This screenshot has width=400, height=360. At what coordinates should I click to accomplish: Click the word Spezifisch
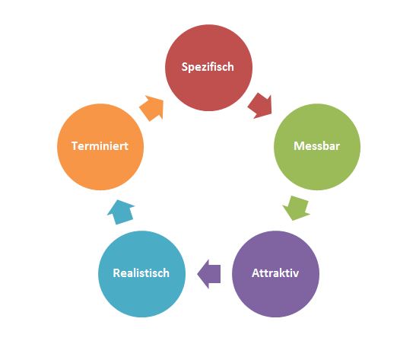click(x=208, y=67)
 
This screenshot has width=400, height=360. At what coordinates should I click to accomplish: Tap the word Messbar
click(x=316, y=146)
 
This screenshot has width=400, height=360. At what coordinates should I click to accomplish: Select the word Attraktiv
click(x=275, y=273)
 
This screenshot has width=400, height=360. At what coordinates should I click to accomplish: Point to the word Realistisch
click(x=141, y=273)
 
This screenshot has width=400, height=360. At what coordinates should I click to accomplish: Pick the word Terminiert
click(x=100, y=146)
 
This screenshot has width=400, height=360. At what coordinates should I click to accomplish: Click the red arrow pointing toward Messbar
click(x=260, y=106)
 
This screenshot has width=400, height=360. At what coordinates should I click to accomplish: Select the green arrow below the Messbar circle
click(x=297, y=208)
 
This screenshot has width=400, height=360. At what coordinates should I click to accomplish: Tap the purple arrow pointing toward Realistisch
click(x=209, y=274)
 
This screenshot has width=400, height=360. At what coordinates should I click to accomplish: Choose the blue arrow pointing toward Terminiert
click(x=121, y=212)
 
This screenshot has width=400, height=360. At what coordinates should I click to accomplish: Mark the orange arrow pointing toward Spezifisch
click(x=152, y=108)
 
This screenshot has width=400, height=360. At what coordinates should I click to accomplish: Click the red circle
click(x=208, y=68)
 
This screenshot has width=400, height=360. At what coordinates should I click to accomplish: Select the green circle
click(x=317, y=147)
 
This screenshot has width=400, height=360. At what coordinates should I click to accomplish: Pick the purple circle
click(x=275, y=274)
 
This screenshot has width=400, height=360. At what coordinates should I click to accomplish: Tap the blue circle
click(x=142, y=274)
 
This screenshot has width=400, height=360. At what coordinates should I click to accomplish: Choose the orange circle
click(x=100, y=147)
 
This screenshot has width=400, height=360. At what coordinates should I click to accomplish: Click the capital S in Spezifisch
click(x=185, y=67)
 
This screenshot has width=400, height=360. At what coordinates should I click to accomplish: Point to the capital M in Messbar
click(x=298, y=146)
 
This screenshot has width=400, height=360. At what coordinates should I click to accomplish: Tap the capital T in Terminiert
click(x=75, y=146)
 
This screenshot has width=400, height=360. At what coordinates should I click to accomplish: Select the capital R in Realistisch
click(x=116, y=273)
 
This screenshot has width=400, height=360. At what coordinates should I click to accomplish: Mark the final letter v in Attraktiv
click(x=296, y=274)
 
